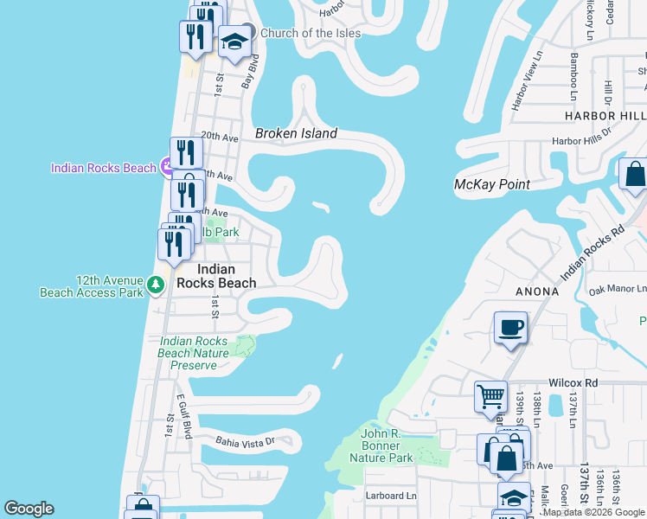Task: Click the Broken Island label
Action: (x=296, y=134)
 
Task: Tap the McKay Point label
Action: (x=491, y=184)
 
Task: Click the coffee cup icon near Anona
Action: (x=510, y=329)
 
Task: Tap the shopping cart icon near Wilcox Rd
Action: (x=491, y=397)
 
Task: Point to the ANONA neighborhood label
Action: (x=537, y=292)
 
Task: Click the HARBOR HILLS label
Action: (x=605, y=115)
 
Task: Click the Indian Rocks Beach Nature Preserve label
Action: (x=195, y=353)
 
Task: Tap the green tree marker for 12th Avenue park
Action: (x=156, y=284)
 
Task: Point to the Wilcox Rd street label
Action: (x=573, y=382)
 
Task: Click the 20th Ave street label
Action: (x=219, y=136)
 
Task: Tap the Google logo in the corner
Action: (x=29, y=509)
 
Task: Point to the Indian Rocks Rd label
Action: (x=593, y=254)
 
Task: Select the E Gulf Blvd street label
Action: (x=183, y=414)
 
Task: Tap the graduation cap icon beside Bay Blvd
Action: (x=234, y=41)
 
